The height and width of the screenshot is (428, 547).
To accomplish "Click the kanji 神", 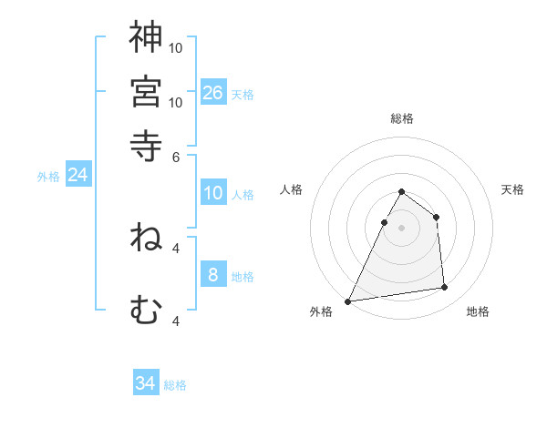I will click(146, 37).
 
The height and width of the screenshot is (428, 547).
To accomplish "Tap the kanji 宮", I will click(146, 91).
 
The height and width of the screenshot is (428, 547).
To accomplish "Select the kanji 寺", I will click(146, 143).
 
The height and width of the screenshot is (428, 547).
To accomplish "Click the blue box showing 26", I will click(213, 92).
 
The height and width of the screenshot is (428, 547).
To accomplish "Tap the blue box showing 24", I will click(77, 175).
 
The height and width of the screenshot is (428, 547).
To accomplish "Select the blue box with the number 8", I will click(213, 274).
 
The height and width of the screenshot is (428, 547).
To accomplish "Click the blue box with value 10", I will click(213, 193).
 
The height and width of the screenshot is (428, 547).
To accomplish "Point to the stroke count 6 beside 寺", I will click(175, 156).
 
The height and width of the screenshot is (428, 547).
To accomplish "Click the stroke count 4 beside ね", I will click(176, 247).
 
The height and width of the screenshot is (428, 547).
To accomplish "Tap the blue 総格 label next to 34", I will click(175, 385).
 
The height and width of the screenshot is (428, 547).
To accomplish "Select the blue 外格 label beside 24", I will click(48, 177).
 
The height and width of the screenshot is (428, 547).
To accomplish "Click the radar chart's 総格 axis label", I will click(401, 118).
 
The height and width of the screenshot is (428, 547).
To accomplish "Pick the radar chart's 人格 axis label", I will click(292, 189).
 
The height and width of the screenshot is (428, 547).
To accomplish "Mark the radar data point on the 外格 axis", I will click(348, 301).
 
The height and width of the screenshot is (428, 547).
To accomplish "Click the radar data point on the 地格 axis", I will click(445, 288).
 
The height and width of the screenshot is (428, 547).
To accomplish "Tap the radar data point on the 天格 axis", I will click(436, 217).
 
